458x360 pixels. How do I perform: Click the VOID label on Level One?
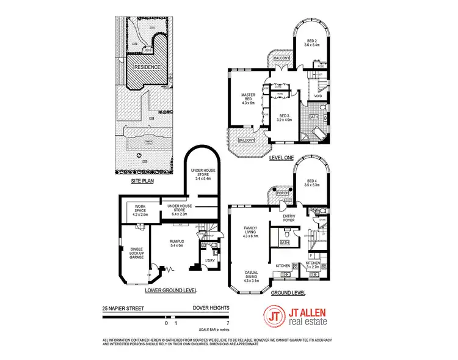(x=318, y=96)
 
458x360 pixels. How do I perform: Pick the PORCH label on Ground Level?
(x=282, y=194)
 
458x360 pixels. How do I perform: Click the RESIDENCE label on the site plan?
(x=144, y=67)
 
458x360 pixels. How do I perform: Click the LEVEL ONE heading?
(x=282, y=158)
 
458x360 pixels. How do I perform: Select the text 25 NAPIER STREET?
(x=123, y=309)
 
